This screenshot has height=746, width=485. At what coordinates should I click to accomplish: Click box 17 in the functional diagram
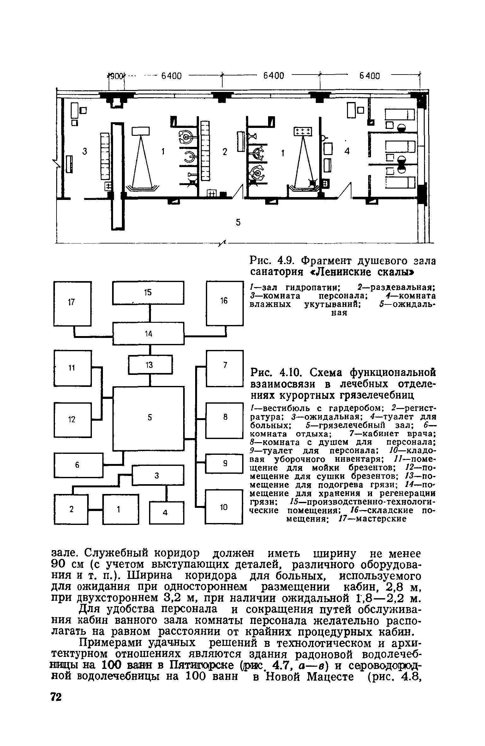72,303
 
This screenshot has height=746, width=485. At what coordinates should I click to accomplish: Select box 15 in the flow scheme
148,293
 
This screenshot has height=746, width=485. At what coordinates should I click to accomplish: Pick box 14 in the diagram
148,334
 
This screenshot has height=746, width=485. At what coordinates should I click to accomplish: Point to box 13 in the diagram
150,365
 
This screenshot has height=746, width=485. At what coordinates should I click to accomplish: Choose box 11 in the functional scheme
73,368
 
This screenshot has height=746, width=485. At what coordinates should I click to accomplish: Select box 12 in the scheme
73,419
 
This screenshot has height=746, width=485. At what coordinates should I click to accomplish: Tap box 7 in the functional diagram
225,368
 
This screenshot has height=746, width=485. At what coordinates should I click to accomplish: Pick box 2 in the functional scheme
71,509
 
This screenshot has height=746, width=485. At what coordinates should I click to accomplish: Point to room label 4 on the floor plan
347,152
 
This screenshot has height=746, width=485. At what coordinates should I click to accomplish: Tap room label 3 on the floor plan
84,152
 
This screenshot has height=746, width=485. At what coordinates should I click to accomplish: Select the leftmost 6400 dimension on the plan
171,76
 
